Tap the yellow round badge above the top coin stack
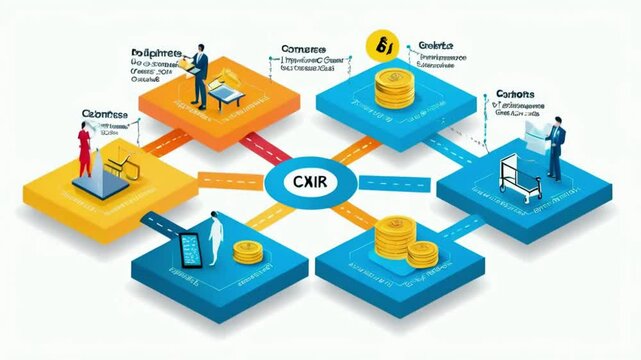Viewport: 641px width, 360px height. pyautogui.click(x=381, y=43)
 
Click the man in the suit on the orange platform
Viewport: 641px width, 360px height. pyautogui.click(x=201, y=75)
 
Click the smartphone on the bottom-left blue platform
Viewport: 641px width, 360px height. pyautogui.click(x=189, y=250)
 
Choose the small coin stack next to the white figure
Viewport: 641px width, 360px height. pyautogui.click(x=245, y=253)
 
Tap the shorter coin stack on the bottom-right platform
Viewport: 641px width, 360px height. pyautogui.click(x=421, y=254)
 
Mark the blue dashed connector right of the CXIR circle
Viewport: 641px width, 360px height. pyautogui.click(x=380, y=183)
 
